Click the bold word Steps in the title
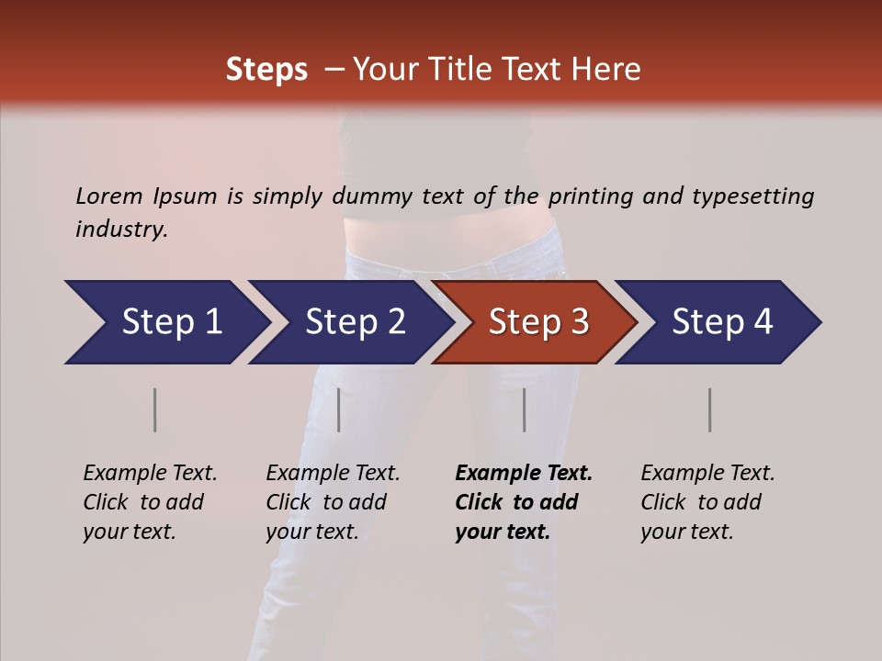[266, 70]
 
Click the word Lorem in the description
[109, 196]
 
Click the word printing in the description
[587, 196]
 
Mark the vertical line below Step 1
[155, 409]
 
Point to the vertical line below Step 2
[339, 409]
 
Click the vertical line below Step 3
[525, 409]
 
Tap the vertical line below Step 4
[709, 409]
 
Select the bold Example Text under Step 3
[524, 473]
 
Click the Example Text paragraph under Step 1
[150, 502]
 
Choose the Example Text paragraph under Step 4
[707, 502]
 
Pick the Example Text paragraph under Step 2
[333, 502]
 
